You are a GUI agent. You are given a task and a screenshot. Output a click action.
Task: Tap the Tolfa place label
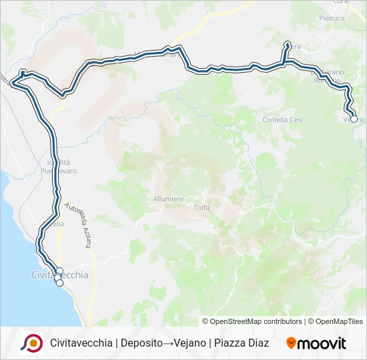(202, 207)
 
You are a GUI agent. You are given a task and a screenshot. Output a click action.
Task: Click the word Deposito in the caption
(142, 343)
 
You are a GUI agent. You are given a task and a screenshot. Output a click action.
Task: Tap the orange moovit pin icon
(291, 343)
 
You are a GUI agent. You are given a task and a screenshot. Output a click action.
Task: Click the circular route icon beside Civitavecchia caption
(32, 343)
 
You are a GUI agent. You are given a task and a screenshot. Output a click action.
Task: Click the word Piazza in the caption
(228, 343)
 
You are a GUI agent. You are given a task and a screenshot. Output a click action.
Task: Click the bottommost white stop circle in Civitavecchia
(59, 283)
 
